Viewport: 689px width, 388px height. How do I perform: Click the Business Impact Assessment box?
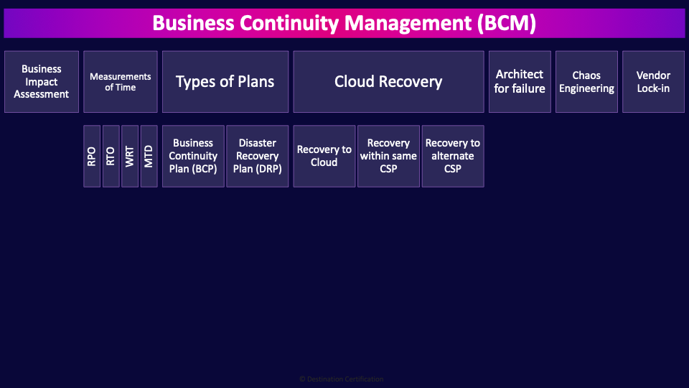coord(42,82)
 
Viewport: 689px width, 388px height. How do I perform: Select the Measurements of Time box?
coord(120,82)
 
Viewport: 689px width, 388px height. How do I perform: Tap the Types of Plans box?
coord(225,82)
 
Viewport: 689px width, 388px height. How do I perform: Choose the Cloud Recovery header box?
coord(388,82)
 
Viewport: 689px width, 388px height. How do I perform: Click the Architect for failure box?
coord(520,82)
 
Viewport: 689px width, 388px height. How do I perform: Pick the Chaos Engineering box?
coord(586,82)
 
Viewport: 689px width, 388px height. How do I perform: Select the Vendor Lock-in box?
coord(653,82)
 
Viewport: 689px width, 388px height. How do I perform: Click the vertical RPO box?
coord(92,156)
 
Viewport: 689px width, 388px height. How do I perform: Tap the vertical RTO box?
coord(111,156)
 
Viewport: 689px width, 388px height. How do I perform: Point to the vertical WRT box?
coord(130,156)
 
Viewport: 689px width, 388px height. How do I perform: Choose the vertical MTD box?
coord(149,156)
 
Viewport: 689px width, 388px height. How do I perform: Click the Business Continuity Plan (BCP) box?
coord(193,156)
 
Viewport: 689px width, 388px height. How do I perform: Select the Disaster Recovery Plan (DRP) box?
coord(257,156)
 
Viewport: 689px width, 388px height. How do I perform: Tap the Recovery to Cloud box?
coord(324,156)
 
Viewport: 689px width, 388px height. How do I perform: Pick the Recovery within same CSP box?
coord(388,156)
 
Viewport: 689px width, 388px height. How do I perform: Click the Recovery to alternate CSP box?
coord(453,156)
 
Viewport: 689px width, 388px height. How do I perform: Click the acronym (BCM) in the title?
coord(505,24)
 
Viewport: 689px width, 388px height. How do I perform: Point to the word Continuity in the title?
coord(290,24)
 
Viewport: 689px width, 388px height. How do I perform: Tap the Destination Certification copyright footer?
coord(342,379)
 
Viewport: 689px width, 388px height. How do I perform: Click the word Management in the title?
coord(407,24)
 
